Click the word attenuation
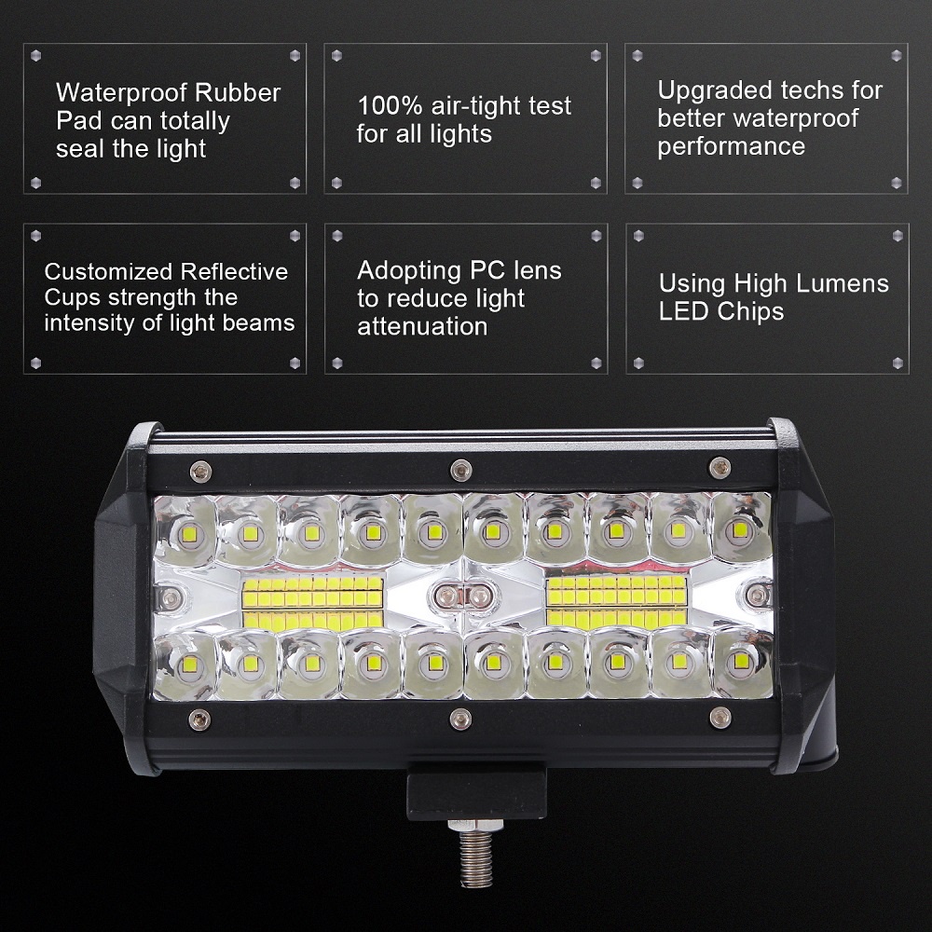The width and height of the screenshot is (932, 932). click(422, 326)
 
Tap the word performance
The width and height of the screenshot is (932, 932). click(731, 146)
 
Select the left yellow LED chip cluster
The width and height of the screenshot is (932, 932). click(313, 600)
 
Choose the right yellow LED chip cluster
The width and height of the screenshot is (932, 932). click(618, 600)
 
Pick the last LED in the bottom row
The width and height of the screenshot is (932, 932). click(741, 661)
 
